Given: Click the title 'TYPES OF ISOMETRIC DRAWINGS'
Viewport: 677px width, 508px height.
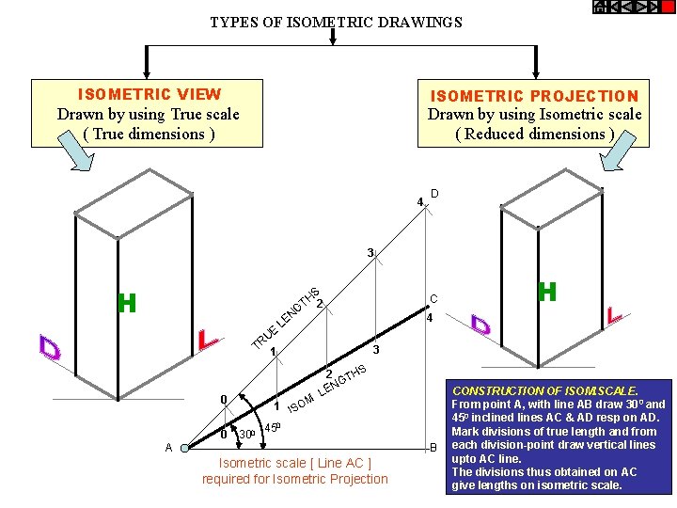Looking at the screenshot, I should click(x=336, y=22).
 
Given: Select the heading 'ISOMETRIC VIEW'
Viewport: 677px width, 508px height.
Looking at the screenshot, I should click(x=149, y=94).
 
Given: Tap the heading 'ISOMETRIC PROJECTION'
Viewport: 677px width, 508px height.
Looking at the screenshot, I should click(x=534, y=96).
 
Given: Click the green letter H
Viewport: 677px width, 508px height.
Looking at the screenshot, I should click(x=127, y=303).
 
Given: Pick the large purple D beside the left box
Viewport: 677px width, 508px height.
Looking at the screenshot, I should click(x=50, y=347).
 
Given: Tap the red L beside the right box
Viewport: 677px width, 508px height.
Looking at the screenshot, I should click(x=615, y=316).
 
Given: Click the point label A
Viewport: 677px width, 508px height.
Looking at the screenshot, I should click(x=169, y=448).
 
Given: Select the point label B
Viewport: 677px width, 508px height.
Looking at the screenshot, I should click(x=433, y=447).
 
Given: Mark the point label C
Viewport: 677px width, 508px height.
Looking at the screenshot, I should click(x=433, y=298).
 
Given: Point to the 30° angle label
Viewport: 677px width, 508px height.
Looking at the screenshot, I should click(x=247, y=434).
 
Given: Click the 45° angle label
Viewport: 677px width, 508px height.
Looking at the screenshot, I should click(x=272, y=428).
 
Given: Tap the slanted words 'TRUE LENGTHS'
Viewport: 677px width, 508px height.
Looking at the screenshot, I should click(x=288, y=315).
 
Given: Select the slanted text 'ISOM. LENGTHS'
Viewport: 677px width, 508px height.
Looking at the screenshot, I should click(x=325, y=389).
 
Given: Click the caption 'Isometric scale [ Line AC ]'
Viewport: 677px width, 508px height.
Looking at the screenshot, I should click(x=294, y=463).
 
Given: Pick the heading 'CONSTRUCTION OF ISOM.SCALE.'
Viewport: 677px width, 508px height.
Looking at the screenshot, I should click(x=545, y=390).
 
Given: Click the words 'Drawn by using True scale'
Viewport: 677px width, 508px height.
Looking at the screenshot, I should click(x=149, y=114).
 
